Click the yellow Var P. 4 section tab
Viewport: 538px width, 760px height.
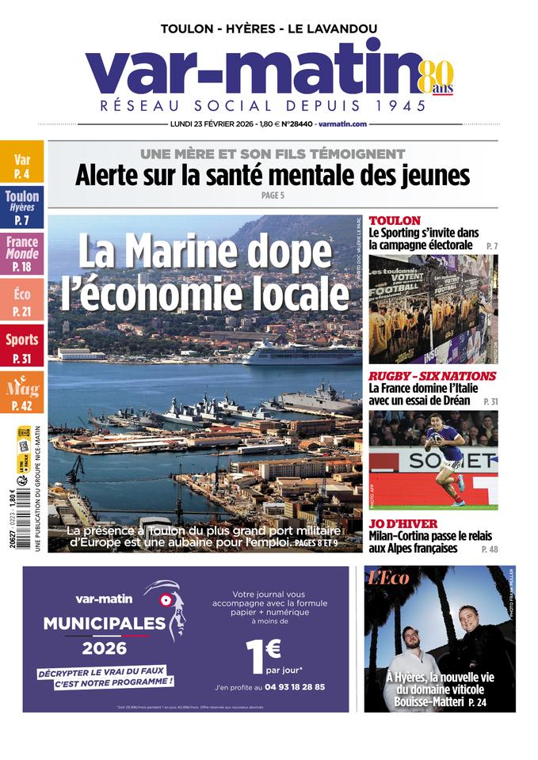tap(21, 166)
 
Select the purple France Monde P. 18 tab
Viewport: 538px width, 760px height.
tap(21, 254)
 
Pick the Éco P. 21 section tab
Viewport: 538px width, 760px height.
tap(21, 302)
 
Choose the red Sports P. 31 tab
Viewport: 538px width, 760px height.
tap(21, 347)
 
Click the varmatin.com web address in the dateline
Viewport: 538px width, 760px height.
tap(342, 124)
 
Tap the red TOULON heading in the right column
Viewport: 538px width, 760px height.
tap(394, 220)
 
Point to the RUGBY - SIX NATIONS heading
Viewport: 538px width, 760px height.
tap(432, 376)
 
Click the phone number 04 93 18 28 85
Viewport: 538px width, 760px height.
tap(294, 687)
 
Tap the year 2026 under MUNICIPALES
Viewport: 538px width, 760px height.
tap(104, 648)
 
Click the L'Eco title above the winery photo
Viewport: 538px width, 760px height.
tap(388, 579)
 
